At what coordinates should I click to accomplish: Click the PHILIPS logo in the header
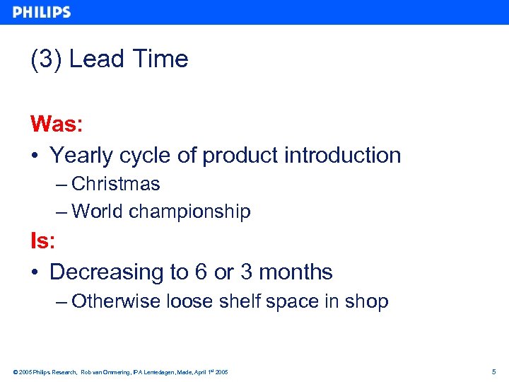[x=42, y=12]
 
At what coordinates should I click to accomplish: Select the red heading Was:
[x=57, y=125]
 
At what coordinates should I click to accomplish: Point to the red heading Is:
[x=42, y=241]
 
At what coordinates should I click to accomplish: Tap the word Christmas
[x=116, y=184]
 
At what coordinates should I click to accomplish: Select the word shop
[x=366, y=302]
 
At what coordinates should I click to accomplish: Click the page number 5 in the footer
[x=493, y=372]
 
